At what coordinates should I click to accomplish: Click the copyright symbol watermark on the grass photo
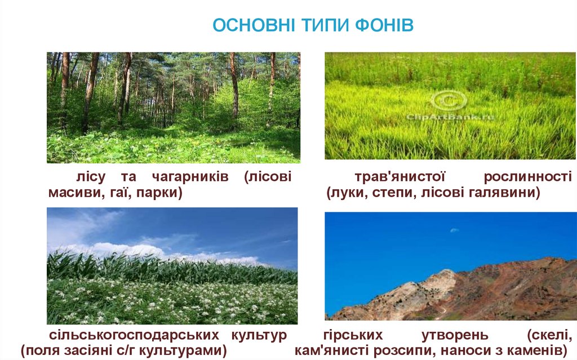[449, 101]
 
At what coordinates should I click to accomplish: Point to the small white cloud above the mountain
[454, 230]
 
